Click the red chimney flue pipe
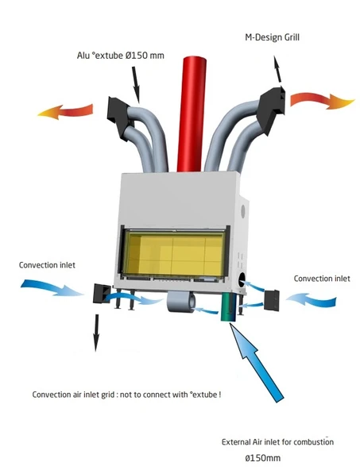(x=192, y=114)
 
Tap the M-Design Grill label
(x=272, y=37)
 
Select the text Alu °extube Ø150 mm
(x=121, y=56)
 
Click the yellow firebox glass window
(x=174, y=252)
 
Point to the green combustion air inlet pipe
(x=230, y=307)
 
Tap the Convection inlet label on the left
(x=47, y=265)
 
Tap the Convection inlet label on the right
(x=322, y=279)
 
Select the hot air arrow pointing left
(x=65, y=111)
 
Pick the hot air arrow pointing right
(x=323, y=101)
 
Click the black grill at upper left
(x=118, y=118)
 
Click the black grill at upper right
(x=273, y=110)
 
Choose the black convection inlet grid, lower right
(x=272, y=300)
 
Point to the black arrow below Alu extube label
(x=135, y=84)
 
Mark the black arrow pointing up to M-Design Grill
(x=278, y=69)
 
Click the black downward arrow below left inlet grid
(x=96, y=333)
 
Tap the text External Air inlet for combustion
(x=277, y=442)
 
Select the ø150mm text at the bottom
(x=263, y=458)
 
